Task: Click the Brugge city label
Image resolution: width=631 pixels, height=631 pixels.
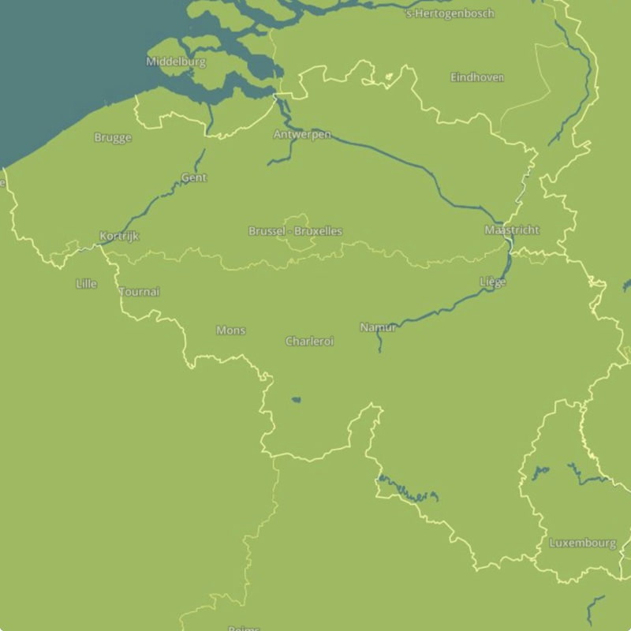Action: point(113,138)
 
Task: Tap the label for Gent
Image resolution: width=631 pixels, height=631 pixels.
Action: point(194,178)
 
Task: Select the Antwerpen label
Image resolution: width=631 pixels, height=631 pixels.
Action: point(302,135)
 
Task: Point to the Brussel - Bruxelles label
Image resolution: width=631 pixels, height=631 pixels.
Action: point(295,232)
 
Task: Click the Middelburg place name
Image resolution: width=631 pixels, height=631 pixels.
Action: point(176,62)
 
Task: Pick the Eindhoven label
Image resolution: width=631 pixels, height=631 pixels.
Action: point(477,77)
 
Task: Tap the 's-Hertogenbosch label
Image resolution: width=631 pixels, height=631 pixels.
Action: point(450,13)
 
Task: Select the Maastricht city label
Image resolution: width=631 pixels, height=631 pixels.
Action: point(512,230)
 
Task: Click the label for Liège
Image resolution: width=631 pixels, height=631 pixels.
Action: point(493,282)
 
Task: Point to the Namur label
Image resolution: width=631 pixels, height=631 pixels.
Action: point(378,327)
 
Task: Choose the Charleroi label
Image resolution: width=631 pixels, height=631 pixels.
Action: point(309,342)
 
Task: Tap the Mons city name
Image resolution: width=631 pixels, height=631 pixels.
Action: point(231,330)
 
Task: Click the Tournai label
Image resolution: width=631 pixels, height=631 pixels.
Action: point(140,292)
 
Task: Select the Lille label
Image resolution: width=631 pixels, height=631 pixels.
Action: point(87,283)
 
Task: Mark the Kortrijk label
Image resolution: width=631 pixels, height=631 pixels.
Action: point(120,237)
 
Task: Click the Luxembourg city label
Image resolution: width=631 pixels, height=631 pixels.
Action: point(583,543)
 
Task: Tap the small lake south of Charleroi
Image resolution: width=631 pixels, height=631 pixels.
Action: point(296,400)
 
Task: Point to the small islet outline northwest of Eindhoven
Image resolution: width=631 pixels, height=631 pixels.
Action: point(389,77)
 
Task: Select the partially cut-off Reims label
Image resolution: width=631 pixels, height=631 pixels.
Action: point(244,628)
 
